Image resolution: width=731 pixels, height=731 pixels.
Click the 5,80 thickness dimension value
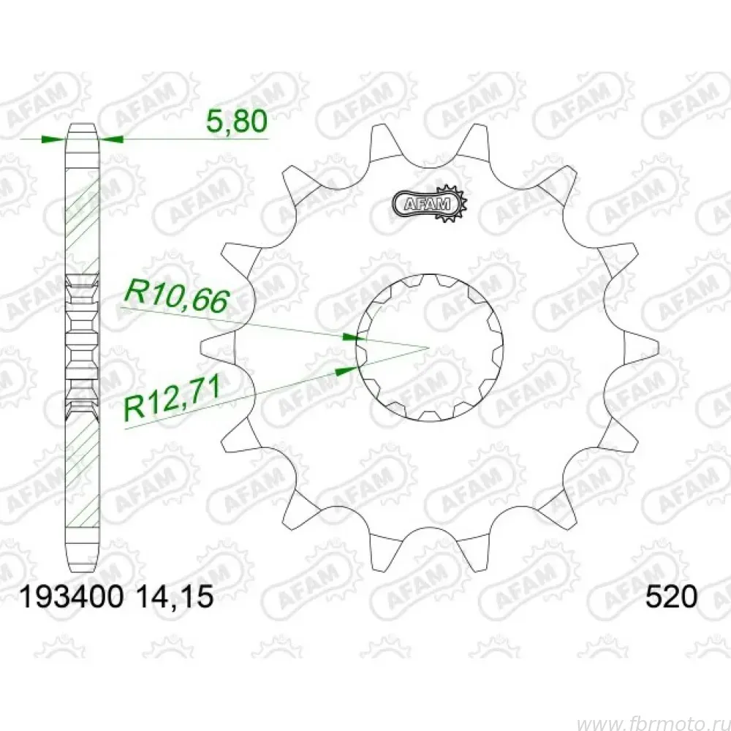(236, 121)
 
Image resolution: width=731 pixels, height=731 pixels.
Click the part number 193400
(71, 596)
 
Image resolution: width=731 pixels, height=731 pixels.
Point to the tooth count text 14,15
(175, 596)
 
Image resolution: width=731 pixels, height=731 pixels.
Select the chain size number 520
(671, 596)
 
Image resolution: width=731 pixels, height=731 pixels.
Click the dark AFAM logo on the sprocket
(429, 203)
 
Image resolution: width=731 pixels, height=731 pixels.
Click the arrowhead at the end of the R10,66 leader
(353, 337)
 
